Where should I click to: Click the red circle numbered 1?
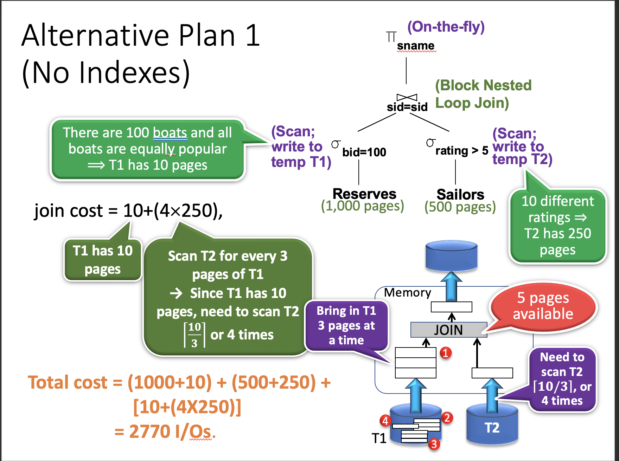[446, 353]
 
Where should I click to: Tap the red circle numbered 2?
[447, 418]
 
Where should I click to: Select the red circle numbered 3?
[434, 444]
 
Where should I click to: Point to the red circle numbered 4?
[385, 421]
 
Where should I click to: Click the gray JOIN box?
[448, 330]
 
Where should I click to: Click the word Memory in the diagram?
[407, 292]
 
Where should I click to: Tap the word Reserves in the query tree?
[364, 194]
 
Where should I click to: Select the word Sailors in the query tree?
[460, 194]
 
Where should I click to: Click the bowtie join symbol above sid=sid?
[407, 97]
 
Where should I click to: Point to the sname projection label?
[415, 46]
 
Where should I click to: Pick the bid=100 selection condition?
[364, 152]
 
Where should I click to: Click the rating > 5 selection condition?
[461, 150]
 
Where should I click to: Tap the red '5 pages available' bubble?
[543, 306]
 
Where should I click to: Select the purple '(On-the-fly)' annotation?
[446, 27]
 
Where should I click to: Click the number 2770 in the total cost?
[151, 431]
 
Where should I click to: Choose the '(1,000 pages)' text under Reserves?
[362, 206]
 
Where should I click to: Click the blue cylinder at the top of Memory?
[451, 255]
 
